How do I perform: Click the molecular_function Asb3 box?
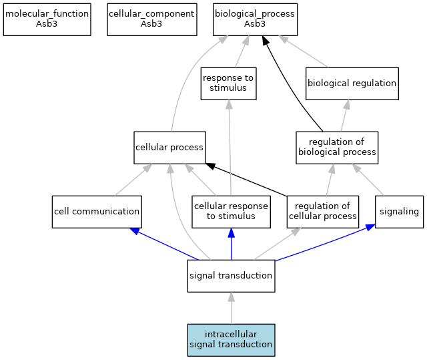click(47, 19)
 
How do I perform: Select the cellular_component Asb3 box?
click(152, 19)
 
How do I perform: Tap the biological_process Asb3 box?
click(255, 19)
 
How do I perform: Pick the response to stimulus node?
click(228, 83)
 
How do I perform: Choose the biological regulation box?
click(352, 83)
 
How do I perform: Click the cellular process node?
click(169, 148)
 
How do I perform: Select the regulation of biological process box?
click(337, 148)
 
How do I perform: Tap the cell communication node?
click(97, 212)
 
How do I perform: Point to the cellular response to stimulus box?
click(232, 212)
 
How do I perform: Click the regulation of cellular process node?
click(323, 212)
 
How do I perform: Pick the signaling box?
click(399, 212)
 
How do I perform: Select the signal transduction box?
click(232, 276)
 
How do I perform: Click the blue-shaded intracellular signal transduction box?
click(232, 340)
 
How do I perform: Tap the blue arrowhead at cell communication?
click(135, 231)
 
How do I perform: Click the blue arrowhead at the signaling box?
click(370, 227)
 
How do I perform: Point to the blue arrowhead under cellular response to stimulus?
click(232, 233)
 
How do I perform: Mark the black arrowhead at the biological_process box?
click(266, 40)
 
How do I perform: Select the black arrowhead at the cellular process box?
click(211, 166)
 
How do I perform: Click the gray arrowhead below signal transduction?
click(232, 297)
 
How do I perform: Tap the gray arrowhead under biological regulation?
click(347, 105)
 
